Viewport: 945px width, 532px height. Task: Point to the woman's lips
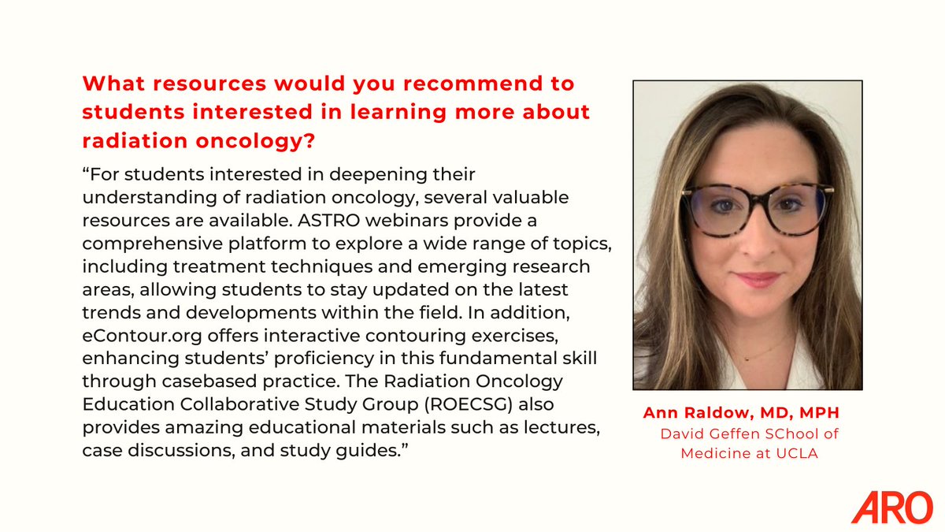click(757, 279)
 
